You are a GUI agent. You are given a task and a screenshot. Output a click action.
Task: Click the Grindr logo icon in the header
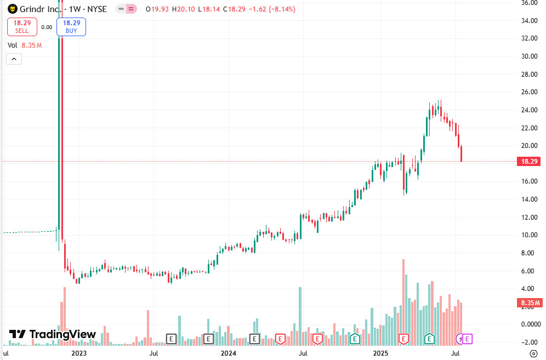12,9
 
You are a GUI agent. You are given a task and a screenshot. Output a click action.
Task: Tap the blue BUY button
71,26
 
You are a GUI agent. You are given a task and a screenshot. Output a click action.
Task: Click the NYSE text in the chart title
96,9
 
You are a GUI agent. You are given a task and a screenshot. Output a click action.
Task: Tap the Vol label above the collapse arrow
12,45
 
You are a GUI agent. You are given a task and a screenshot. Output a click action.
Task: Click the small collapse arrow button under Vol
14,59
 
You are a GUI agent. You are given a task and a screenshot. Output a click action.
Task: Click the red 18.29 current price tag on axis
528,162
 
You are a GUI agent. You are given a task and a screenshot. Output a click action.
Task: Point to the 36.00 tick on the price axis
528,3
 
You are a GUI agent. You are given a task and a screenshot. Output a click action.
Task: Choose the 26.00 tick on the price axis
528,92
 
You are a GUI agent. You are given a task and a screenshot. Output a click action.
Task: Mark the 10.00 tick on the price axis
528,235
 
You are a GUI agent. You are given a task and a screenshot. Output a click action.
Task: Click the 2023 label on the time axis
79,354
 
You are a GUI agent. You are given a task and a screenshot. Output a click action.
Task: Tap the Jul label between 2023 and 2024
155,354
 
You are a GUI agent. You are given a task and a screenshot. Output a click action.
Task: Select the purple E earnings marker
468,339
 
